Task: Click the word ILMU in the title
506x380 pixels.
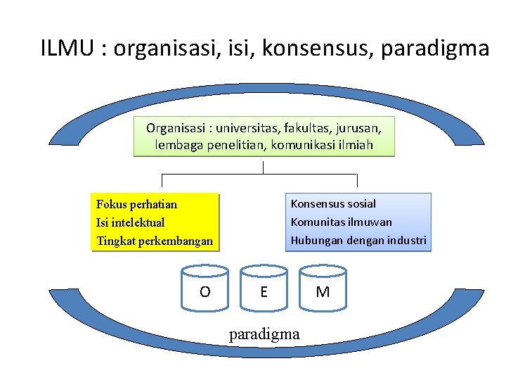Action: (68, 49)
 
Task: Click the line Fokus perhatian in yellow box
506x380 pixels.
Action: (136, 205)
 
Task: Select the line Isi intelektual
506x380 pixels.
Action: (130, 223)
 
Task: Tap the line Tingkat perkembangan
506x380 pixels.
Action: (154, 241)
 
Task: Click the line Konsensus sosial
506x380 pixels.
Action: (333, 204)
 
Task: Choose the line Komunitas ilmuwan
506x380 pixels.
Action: (342, 222)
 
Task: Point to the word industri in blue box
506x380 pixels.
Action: (406, 241)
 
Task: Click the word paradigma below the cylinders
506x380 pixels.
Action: (264, 334)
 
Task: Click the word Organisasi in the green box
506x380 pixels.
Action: (176, 128)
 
